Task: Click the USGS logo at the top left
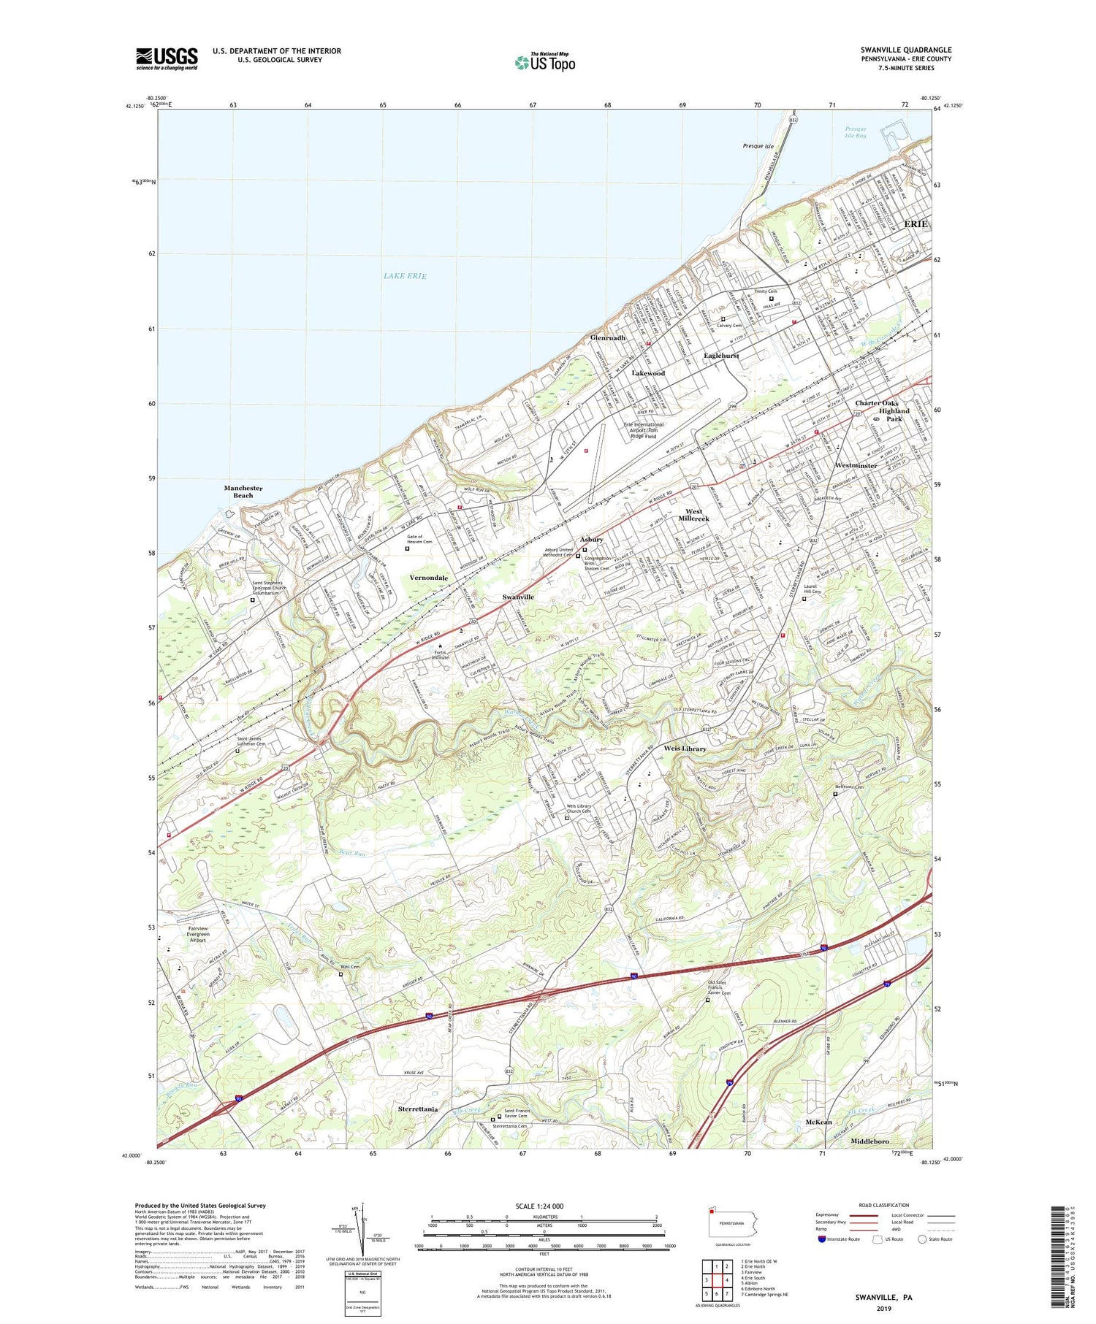coord(167,58)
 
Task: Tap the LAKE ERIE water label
coord(404,275)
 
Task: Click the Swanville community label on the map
coord(518,597)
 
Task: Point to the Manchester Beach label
coord(243,491)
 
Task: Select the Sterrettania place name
coord(418,1109)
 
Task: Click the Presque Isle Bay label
coord(855,132)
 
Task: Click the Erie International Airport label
coord(643,430)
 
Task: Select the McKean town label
coord(818,1122)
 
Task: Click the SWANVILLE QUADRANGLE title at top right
coord(905,50)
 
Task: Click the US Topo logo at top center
coord(544,62)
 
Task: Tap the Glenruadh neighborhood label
coord(608,338)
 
